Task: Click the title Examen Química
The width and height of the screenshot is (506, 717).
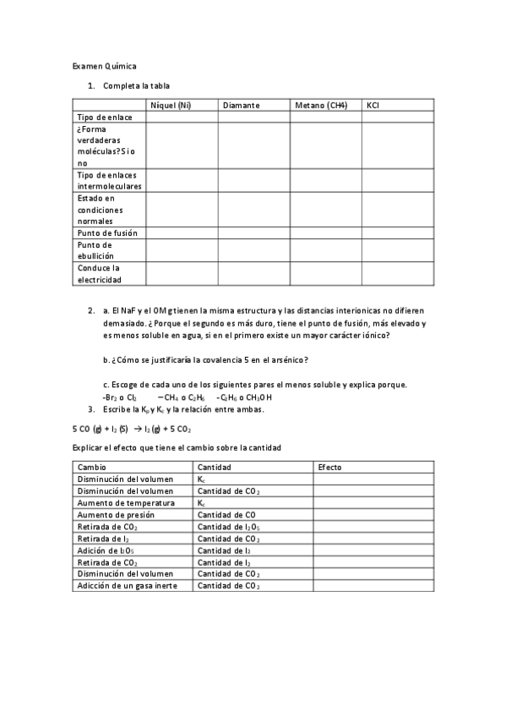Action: [105, 65]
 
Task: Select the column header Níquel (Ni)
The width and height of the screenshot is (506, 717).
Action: [170, 105]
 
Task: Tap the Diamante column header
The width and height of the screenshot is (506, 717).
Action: [242, 105]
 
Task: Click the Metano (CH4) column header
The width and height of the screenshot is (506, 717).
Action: [321, 105]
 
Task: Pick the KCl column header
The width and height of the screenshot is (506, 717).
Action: [373, 105]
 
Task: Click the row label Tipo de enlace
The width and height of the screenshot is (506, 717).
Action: [105, 118]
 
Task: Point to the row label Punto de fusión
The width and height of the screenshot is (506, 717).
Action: [107, 233]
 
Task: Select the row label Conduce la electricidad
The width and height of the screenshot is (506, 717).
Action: [100, 273]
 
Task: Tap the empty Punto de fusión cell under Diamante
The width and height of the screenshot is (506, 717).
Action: [254, 233]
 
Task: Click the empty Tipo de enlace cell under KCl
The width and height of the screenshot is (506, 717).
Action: [398, 118]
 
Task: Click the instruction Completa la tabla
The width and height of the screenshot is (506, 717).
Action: [137, 85]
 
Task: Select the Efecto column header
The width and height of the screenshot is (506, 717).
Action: [329, 467]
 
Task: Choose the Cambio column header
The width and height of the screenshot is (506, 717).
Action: [92, 467]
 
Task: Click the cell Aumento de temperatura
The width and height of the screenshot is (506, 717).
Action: [126, 502]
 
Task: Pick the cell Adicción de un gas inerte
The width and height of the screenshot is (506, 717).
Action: [128, 585]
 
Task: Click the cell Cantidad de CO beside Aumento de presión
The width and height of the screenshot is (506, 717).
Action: [227, 514]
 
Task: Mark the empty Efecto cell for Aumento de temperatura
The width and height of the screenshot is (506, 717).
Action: [373, 502]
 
